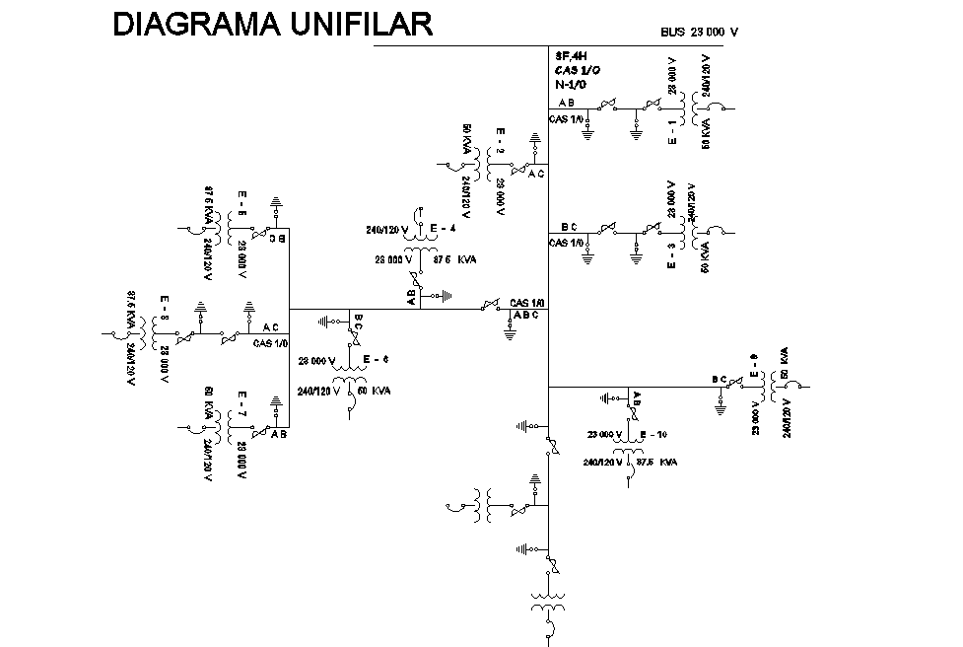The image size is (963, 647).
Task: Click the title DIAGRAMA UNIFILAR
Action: [x=273, y=26]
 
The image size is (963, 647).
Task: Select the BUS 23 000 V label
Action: [x=699, y=33]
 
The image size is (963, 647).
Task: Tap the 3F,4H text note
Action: [x=571, y=56]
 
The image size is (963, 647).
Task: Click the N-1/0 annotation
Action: [x=571, y=86]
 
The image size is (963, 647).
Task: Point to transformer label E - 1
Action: [x=672, y=132]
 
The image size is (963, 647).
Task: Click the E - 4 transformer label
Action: [x=443, y=228]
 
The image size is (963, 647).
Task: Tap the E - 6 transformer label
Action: [x=376, y=358]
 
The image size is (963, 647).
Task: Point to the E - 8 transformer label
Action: [x=165, y=309]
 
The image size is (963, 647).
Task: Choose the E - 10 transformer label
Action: [x=654, y=435]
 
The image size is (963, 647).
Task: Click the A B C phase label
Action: [x=527, y=316]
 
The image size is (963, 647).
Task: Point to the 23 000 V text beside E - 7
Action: [x=241, y=461]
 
